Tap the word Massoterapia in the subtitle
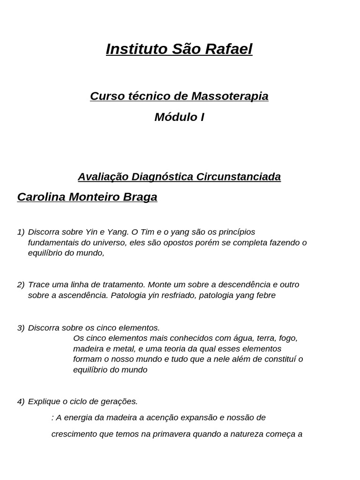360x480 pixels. (x=230, y=96)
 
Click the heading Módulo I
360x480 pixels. (x=179, y=117)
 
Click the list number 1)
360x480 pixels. (x=21, y=232)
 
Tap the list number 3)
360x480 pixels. (x=21, y=328)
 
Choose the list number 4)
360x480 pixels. (x=21, y=402)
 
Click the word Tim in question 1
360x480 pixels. (x=146, y=232)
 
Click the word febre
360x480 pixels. (x=265, y=295)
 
